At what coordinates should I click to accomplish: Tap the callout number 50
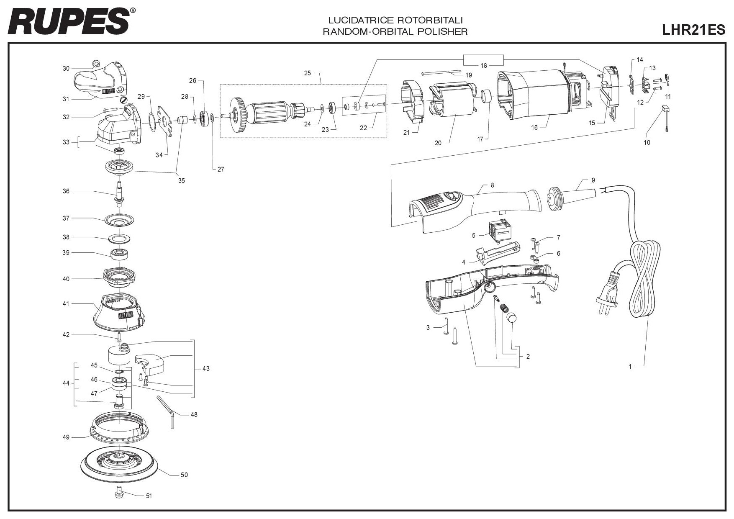click(184, 475)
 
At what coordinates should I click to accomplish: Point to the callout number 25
click(308, 73)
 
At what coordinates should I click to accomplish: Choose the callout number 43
click(206, 369)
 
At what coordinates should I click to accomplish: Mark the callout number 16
click(534, 128)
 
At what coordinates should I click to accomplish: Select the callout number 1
click(630, 367)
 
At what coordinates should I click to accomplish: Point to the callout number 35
click(181, 181)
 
